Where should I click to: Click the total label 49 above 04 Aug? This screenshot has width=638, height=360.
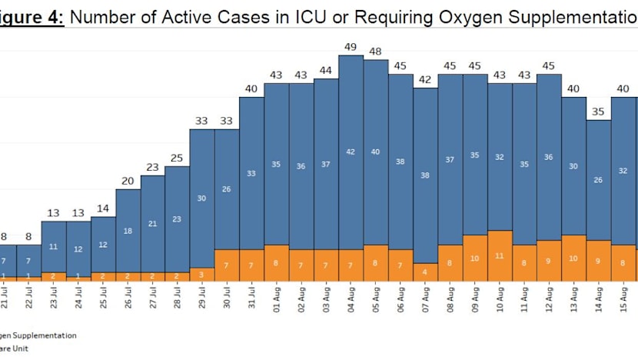(351, 47)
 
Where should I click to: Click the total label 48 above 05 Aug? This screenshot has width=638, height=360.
(375, 52)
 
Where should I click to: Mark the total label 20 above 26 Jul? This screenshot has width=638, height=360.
(128, 182)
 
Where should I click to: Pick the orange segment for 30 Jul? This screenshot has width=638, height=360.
(227, 265)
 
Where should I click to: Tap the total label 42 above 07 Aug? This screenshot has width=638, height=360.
(425, 79)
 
